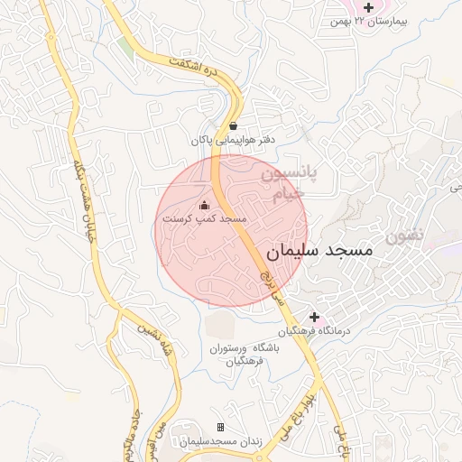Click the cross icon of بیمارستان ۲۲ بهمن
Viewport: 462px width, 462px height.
368,7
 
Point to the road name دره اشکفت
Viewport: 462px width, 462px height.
197,71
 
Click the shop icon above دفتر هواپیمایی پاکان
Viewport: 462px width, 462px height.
234,126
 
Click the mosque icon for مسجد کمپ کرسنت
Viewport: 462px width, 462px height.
204,204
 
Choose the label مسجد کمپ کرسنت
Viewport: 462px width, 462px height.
204,218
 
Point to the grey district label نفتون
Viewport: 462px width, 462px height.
403,236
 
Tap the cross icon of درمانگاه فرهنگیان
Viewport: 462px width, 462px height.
314,318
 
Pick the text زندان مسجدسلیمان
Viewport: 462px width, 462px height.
220,441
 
